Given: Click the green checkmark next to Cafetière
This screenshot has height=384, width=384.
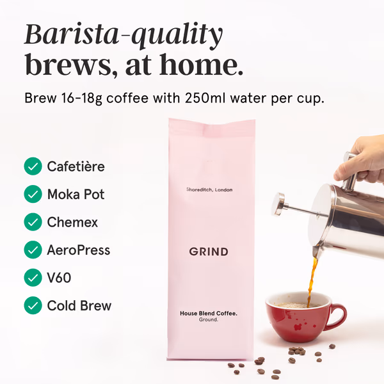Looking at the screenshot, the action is tap(33, 166).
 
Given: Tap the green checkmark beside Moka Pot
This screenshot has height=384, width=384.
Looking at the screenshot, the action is tap(33, 194).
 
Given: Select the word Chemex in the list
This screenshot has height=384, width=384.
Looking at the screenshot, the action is tap(72, 222).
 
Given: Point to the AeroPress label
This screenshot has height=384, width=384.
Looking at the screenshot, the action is tap(79, 250).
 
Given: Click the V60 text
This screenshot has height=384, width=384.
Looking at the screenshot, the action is tap(59, 278).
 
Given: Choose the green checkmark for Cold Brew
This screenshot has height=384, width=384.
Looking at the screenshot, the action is tap(33, 305).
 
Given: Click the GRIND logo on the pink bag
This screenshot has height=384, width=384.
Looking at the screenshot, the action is tap(209, 252).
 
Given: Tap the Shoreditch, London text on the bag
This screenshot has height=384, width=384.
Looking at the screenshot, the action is tap(209, 189).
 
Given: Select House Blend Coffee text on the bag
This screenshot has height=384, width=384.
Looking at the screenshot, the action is tap(209, 313).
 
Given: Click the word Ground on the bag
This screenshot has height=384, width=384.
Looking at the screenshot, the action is tap(209, 319).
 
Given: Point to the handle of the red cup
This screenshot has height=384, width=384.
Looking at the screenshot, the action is tap(338, 316).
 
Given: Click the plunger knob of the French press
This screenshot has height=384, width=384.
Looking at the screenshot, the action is tap(279, 204).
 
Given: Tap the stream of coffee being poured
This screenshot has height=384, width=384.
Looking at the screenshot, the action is tap(312, 282).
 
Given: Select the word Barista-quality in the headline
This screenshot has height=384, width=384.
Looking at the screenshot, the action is tap(124, 35).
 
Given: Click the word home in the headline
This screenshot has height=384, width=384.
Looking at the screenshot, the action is tap(201, 64).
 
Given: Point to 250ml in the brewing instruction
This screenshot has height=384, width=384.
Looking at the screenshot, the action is tap(205, 98).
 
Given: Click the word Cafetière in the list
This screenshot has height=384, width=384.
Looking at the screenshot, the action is tap(76, 166).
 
